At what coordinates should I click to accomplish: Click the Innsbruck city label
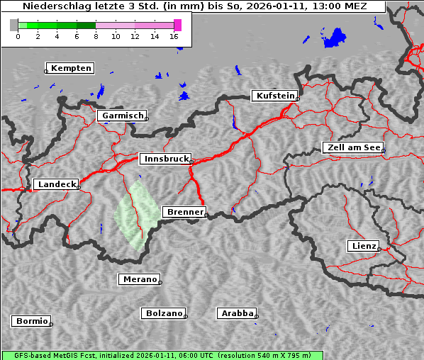pos(164,159)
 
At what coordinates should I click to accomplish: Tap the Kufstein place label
pos(274,96)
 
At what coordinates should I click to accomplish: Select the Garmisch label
pos(121,116)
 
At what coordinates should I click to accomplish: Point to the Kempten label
pos(70,68)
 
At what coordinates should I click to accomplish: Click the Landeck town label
pos(55,184)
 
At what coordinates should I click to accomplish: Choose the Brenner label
pos(184,212)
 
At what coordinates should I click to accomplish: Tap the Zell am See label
pos(353,147)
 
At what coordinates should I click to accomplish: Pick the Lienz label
pos(363,246)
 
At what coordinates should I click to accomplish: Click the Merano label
pos(139,279)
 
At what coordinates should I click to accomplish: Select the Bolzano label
pos(164,313)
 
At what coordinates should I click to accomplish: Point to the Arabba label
pos(236,313)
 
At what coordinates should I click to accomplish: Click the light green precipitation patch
pos(137,213)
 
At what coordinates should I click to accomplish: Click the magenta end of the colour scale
pos(177,25)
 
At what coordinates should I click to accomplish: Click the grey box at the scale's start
pos(14,25)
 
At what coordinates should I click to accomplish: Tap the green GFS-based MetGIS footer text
pos(162,355)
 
